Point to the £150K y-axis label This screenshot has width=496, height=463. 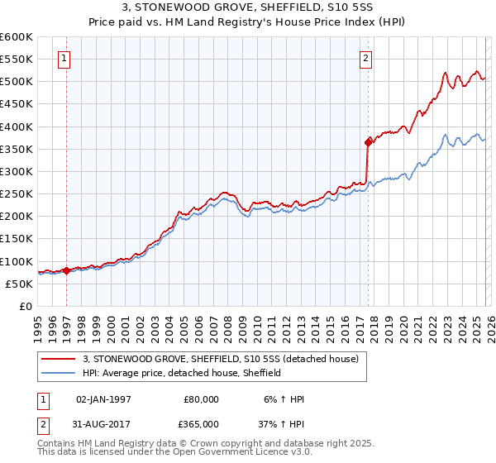pyautogui.click(x=16, y=239)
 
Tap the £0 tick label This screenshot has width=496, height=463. pyautogui.click(x=25, y=307)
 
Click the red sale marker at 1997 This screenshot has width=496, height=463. pyautogui.click(x=66, y=270)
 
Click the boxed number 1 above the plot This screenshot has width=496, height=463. pyautogui.click(x=65, y=58)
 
